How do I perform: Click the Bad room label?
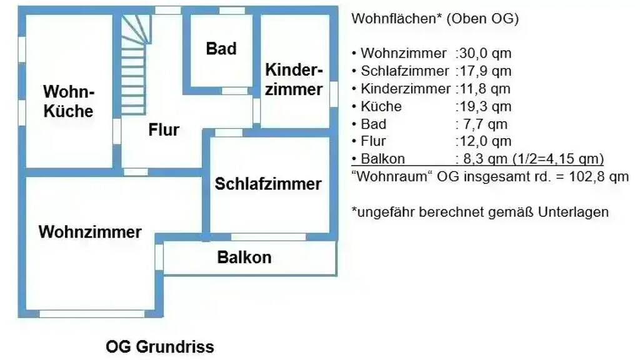(x=221, y=49)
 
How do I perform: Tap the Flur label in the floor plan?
(x=164, y=130)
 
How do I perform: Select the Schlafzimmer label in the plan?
(x=268, y=184)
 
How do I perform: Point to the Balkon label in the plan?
(x=244, y=257)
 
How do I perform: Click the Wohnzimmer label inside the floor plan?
(x=90, y=232)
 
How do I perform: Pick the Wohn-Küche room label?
(x=69, y=102)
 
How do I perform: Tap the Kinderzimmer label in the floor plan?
(x=294, y=79)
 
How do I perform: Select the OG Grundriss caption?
(x=160, y=346)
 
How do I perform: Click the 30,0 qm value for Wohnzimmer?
(x=485, y=54)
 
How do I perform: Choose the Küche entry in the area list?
(x=381, y=106)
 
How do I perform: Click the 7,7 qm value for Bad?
(x=483, y=124)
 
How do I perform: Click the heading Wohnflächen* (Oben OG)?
(x=435, y=19)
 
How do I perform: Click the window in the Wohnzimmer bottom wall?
(x=92, y=314)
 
